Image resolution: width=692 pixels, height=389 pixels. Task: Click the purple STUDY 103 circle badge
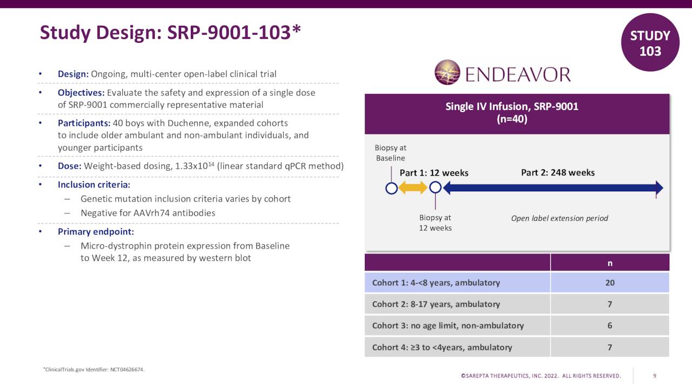point(650,43)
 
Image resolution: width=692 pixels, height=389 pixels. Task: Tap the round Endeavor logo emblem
point(447,73)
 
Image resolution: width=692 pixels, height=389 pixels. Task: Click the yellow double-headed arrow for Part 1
point(414,188)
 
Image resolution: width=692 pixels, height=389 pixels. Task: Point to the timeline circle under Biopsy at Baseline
point(391,188)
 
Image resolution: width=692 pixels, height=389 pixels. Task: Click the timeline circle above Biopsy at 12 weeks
point(435,188)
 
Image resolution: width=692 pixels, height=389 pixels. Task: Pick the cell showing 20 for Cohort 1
point(609,283)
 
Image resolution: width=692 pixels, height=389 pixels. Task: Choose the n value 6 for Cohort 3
point(609,325)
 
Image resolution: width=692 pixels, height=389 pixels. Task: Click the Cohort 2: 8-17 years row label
point(436,304)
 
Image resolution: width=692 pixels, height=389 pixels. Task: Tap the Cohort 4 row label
point(442,347)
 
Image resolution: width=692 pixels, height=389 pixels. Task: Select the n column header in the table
point(609,263)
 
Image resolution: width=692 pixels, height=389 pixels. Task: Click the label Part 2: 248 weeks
point(557,173)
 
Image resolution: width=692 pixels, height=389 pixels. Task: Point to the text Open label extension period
point(560,218)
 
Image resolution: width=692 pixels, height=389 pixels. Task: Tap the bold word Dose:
point(70,166)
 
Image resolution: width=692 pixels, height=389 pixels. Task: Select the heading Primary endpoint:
point(96,232)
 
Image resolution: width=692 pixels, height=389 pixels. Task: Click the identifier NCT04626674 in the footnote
point(127,370)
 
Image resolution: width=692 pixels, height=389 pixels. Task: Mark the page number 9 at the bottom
point(655,376)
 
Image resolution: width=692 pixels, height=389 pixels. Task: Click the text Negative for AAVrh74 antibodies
point(148,213)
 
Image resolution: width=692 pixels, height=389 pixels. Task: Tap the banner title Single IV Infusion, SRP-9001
point(511,106)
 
